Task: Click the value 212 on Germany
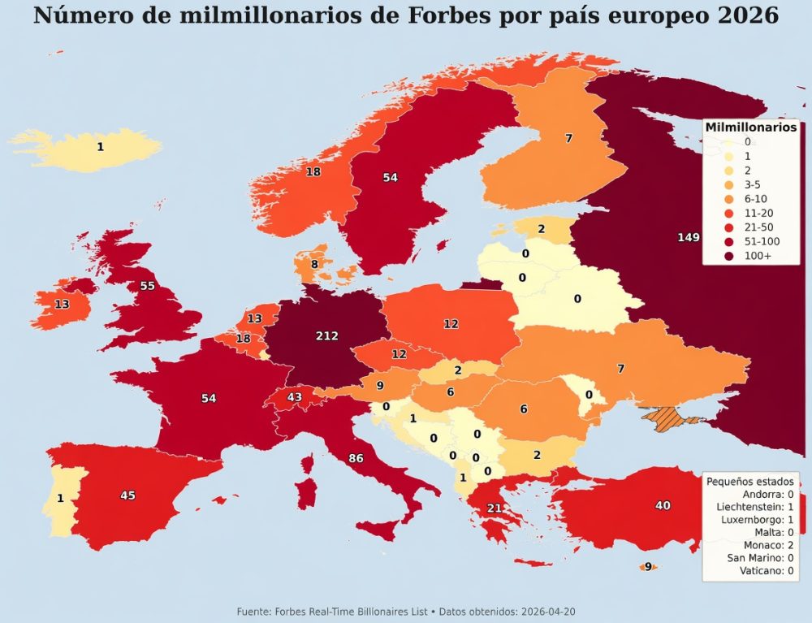click(326, 335)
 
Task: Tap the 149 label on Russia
click(688, 237)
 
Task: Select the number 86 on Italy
click(356, 459)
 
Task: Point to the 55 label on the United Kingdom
click(147, 286)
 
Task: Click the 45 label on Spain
click(127, 495)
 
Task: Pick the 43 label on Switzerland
click(295, 396)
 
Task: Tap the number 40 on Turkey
click(663, 505)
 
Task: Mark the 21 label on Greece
click(494, 508)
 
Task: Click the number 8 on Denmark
click(314, 264)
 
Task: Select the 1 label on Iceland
click(100, 147)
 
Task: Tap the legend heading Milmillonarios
click(751, 127)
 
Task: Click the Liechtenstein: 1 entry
click(755, 506)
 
